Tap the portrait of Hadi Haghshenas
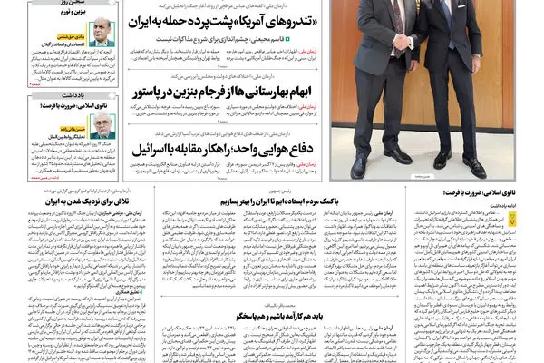pyautogui.click(x=102, y=33)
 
